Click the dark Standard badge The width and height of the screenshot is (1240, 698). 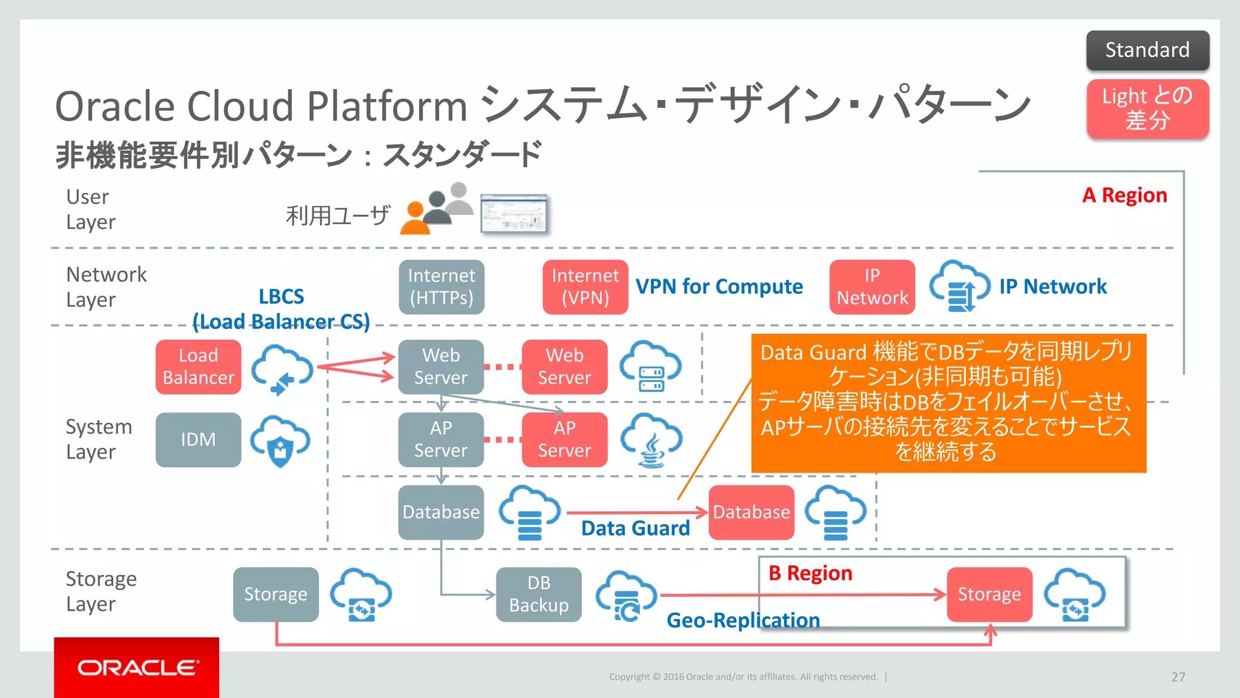tap(1147, 50)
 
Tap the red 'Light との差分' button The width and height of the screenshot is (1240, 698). tap(1147, 108)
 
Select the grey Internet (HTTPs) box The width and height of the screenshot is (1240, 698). tap(441, 287)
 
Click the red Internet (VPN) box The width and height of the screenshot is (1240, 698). tap(585, 287)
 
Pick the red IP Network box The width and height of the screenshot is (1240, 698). tap(872, 287)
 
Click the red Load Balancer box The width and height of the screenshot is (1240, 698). tap(199, 367)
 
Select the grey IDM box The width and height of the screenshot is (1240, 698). tap(199, 439)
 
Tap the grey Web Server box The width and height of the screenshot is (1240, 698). tap(441, 367)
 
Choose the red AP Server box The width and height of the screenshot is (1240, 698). tap(564, 439)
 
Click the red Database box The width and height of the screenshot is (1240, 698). tap(751, 512)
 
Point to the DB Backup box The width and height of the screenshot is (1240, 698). tap(539, 594)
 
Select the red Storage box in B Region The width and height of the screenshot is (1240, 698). tap(989, 594)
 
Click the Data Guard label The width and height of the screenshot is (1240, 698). tap(635, 528)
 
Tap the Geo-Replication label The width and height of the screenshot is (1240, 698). tap(743, 620)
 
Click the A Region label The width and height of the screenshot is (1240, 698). tap(1124, 195)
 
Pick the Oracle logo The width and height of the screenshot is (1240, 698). tap(137, 668)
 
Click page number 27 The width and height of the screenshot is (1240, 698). tap(1178, 677)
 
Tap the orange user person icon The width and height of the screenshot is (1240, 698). tap(415, 221)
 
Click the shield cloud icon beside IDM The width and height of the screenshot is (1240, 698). tap(280, 440)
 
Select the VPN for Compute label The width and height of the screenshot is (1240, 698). tap(719, 287)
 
